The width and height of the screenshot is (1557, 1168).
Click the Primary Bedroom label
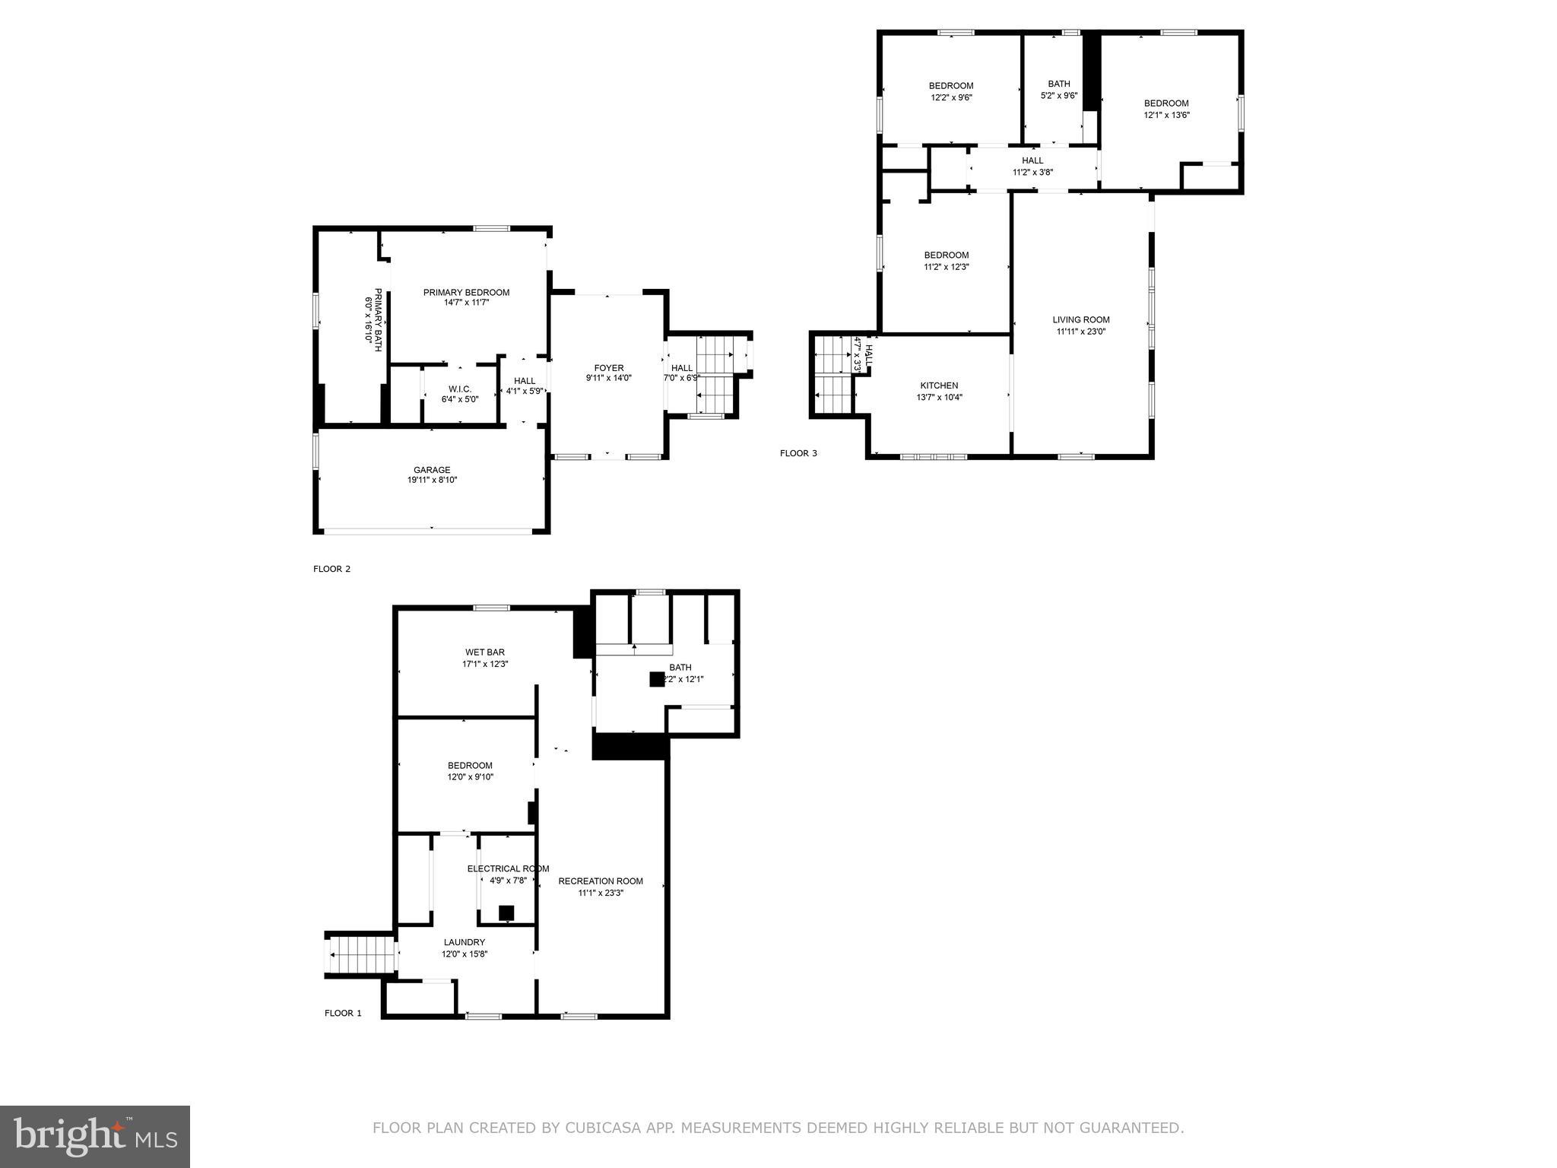coord(466,293)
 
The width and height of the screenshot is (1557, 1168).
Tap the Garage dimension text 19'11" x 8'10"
coord(432,480)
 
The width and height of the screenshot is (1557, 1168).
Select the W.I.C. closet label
coord(460,389)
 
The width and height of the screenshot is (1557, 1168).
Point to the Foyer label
coord(608,368)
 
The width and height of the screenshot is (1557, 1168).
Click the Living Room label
coord(1080,320)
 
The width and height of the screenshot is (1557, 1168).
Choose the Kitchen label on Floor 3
coord(939,386)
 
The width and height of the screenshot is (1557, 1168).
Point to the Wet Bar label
coord(484,652)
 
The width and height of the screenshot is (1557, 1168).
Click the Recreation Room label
coord(601,881)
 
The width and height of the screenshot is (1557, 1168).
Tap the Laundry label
coord(464,942)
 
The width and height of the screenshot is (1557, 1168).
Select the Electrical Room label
coord(508,868)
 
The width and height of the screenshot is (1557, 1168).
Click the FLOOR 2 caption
coord(331,569)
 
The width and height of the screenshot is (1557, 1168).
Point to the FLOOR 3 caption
coord(798,453)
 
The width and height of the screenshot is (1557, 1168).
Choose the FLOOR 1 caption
coord(343,1013)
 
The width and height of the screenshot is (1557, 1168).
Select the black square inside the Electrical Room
coord(506,912)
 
